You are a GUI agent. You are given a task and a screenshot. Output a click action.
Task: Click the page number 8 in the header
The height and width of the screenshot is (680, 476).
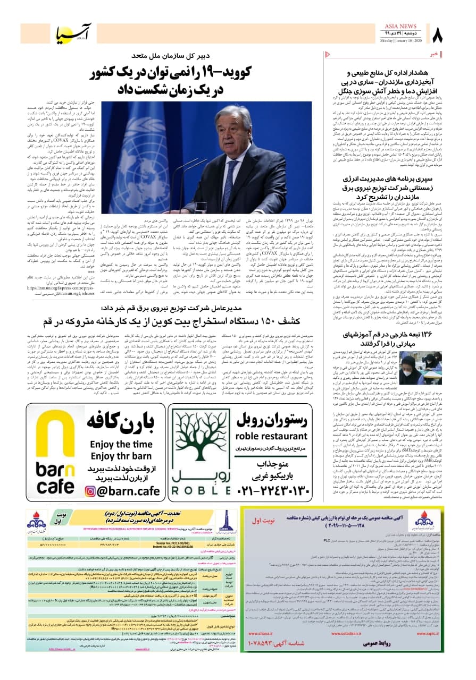tap(438, 35)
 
